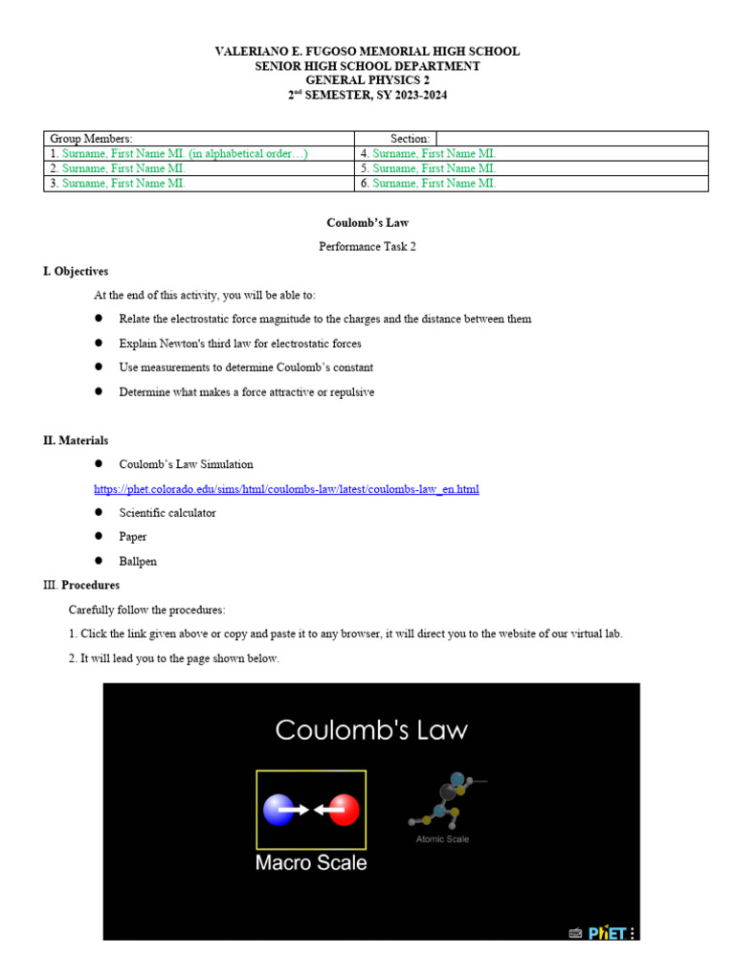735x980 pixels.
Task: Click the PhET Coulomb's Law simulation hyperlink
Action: coord(286,489)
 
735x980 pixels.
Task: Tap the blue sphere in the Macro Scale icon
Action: coord(278,810)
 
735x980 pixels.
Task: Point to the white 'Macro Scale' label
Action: coord(311,862)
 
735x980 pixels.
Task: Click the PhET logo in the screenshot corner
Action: coord(607,932)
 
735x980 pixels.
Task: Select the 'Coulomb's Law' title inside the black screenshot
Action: coord(371,730)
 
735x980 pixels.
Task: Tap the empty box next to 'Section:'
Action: coord(571,139)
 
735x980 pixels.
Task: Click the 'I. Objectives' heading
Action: coord(76,272)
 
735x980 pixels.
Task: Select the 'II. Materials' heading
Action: coord(76,440)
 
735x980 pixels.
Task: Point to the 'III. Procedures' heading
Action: coord(81,585)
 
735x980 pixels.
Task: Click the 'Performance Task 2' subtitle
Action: coord(367,247)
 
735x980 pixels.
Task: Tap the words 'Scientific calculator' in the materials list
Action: coord(167,513)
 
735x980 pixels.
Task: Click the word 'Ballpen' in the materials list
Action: coord(137,561)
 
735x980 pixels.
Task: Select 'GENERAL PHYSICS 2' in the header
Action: coord(367,80)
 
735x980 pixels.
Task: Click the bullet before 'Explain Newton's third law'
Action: coord(99,343)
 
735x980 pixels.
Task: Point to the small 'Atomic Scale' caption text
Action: coord(442,839)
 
